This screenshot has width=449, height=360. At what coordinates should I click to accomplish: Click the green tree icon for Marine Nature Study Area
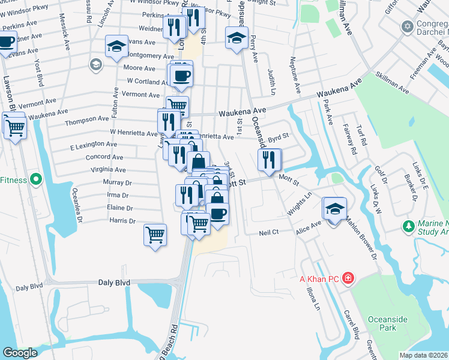pyautogui.click(x=409, y=226)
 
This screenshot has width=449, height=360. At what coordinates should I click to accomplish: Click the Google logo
pyautogui.click(x=20, y=353)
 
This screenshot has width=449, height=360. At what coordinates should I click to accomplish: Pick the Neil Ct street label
pyautogui.click(x=269, y=232)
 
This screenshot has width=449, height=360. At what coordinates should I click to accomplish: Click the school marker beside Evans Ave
pyautogui.click(x=116, y=47)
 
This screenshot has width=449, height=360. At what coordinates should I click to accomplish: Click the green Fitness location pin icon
pyautogui.click(x=35, y=179)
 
